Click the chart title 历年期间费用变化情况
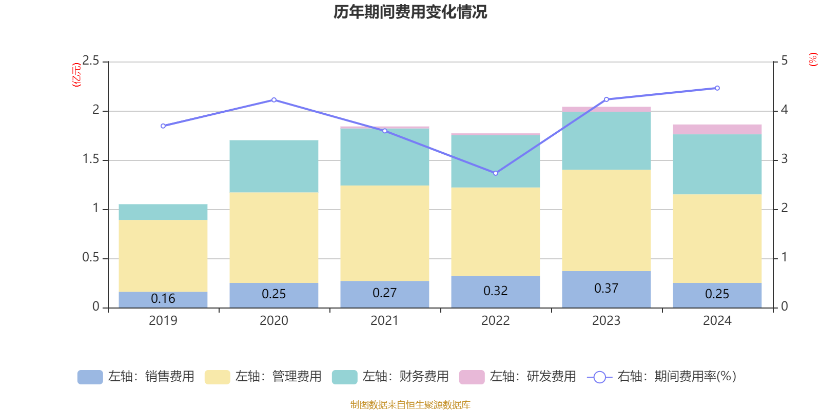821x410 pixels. click(410, 12)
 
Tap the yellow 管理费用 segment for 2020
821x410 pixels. click(274, 237)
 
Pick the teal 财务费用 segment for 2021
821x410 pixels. click(385, 157)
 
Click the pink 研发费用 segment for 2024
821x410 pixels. click(717, 129)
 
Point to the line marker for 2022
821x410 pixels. click(496, 173)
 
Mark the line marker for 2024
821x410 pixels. click(717, 88)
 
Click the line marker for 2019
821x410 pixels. click(163, 126)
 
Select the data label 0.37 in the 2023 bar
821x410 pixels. click(606, 289)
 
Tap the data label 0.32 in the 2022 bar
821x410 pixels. click(495, 291)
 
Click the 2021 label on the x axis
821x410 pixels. click(384, 321)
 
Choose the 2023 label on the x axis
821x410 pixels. click(606, 321)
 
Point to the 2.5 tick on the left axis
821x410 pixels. click(91, 61)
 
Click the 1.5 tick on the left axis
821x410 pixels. click(91, 159)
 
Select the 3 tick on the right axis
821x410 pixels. click(784, 159)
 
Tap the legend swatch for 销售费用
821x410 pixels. click(90, 377)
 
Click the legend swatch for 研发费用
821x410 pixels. click(472, 377)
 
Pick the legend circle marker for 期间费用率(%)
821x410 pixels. click(599, 377)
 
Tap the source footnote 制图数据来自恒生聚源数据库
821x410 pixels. click(410, 405)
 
